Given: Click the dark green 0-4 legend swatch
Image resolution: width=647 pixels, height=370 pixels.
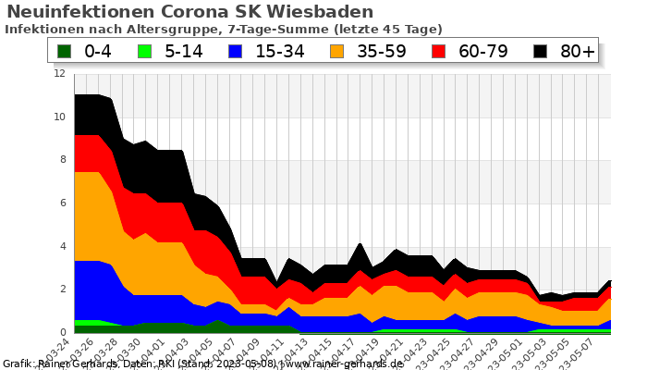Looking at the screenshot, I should (64, 51).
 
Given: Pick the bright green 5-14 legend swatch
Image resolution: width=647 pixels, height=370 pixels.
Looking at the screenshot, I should (144, 51).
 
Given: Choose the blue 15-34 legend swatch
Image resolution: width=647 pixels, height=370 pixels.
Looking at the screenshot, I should (236, 51).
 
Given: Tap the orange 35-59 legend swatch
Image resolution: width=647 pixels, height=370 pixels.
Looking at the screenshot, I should (338, 51).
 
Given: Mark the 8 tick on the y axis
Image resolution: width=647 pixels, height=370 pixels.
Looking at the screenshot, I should (62, 160).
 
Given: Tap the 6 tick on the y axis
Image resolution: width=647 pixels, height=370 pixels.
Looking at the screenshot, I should (62, 203).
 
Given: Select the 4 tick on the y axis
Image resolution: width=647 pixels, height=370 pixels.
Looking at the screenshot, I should (62, 246).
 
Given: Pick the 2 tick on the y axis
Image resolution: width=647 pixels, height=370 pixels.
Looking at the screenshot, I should (62, 289).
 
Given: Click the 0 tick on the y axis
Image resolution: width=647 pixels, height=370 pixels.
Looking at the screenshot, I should (62, 332).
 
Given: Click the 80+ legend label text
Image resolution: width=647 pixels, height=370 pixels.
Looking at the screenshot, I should (578, 51).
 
